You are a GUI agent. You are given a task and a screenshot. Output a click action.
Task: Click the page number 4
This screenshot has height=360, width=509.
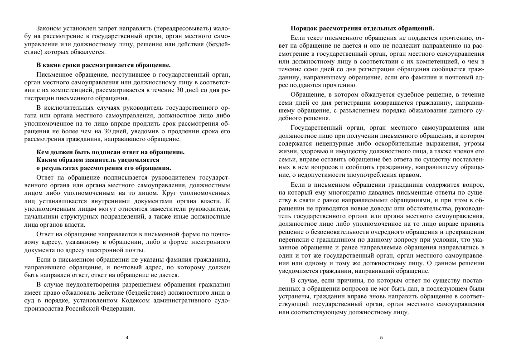pyautogui.click(x=127, y=338)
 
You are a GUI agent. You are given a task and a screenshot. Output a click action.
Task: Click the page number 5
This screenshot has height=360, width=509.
pyautogui.click(x=381, y=338)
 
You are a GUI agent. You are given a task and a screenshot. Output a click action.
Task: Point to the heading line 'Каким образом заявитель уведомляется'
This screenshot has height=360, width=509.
pyautogui.click(x=97, y=160)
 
